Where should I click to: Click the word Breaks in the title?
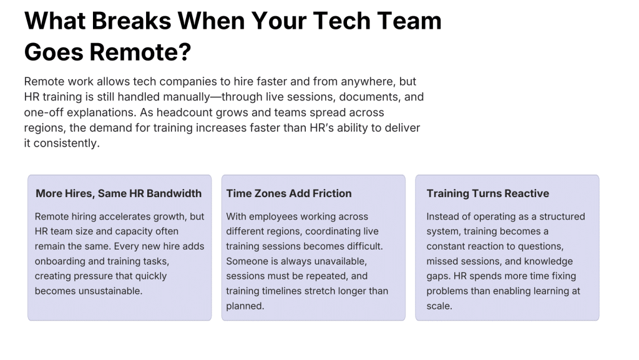click(132, 21)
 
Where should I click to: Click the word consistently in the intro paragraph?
click(66, 144)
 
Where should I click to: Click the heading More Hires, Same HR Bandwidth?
click(119, 193)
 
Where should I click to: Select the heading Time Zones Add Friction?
click(289, 193)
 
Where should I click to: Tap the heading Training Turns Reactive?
click(488, 193)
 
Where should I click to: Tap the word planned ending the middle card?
click(245, 306)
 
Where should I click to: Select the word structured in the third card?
click(562, 216)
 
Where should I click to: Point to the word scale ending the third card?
click(439, 306)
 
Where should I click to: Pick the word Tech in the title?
click(341, 21)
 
